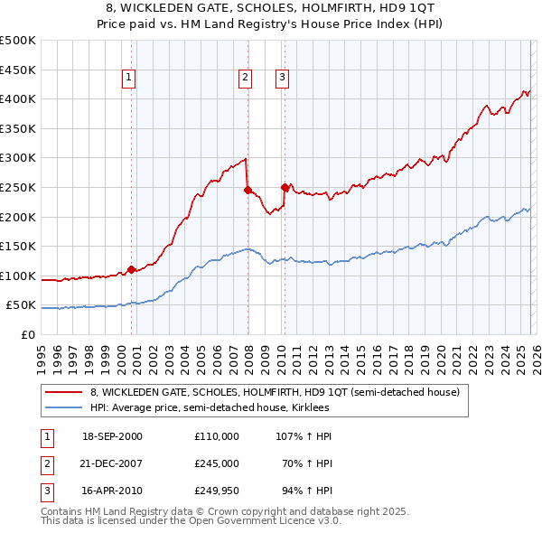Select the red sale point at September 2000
[131, 269]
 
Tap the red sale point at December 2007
[247, 190]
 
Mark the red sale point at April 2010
[285, 187]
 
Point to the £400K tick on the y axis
[18, 98]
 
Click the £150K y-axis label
[18, 246]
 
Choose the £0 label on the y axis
[27, 334]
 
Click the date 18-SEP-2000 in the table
[112, 436]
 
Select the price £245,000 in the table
[216, 463]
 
